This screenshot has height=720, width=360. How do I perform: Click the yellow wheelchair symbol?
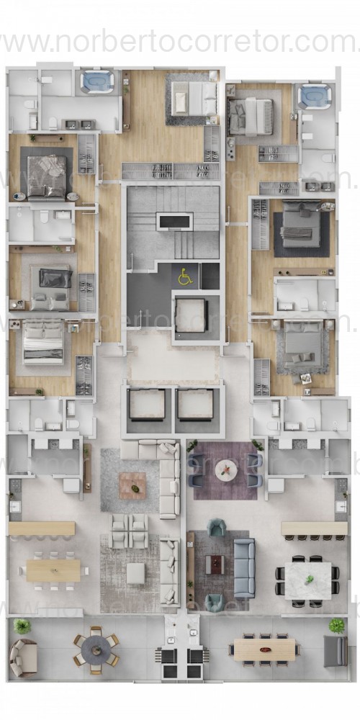[x=185, y=274]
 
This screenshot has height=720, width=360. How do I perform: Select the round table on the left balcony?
[x=96, y=650]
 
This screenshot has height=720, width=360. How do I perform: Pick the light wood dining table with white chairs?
[x=54, y=570]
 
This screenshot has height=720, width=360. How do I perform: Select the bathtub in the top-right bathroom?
[x=315, y=96]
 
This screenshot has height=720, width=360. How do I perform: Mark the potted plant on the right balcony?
[x=336, y=624]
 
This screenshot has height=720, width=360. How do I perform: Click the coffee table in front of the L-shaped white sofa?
[x=132, y=485]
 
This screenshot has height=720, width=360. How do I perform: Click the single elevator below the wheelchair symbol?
[x=191, y=315]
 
